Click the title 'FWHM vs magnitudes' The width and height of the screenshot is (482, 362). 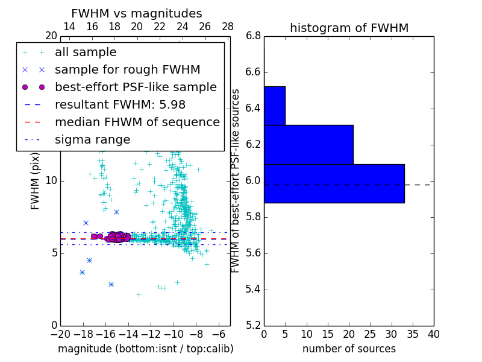click(137, 13)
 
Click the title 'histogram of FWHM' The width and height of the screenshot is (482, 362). click(349, 28)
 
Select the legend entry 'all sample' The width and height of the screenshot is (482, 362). click(86, 52)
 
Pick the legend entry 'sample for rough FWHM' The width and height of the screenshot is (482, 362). click(127, 69)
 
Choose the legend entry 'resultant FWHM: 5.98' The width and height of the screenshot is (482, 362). click(120, 104)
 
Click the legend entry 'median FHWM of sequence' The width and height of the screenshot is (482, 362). click(137, 122)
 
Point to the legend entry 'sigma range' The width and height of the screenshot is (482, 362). click(92, 139)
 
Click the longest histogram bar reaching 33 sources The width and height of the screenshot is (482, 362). click(334, 183)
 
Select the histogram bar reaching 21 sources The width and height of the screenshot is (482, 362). click(308, 144)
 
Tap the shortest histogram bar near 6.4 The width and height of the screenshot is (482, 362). click(274, 106)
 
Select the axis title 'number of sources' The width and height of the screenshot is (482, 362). click(349, 349)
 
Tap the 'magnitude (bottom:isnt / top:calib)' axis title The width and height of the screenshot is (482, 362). click(145, 349)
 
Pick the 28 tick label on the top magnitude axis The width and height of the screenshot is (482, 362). click(228, 27)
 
